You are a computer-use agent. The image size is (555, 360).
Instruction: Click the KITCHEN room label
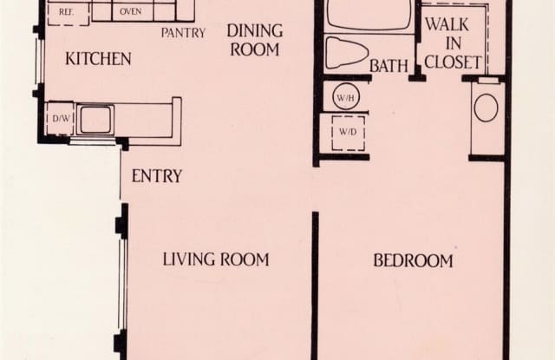pyautogui.click(x=98, y=59)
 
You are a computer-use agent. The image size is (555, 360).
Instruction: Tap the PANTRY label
pyautogui.click(x=183, y=33)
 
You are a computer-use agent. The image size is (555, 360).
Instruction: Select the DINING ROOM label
pyautogui.click(x=255, y=40)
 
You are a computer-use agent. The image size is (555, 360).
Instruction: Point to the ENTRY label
pyautogui.click(x=157, y=176)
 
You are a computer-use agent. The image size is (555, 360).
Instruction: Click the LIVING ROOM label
pyautogui.click(x=216, y=259)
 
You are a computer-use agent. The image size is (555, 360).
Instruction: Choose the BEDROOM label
pyautogui.click(x=413, y=261)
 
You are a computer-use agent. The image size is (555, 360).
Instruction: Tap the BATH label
pyautogui.click(x=388, y=66)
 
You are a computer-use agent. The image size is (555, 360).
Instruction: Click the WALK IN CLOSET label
pyautogui.click(x=453, y=43)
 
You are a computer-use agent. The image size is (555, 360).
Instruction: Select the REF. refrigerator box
pyautogui.click(x=69, y=14)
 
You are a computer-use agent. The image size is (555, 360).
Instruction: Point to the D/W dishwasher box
pyautogui.click(x=61, y=118)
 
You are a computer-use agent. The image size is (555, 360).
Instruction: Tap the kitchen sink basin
pyautogui.click(x=95, y=120)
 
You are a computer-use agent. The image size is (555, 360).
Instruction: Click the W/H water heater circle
pyautogui.click(x=346, y=96)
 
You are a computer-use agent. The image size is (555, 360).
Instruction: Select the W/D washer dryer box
pyautogui.click(x=349, y=133)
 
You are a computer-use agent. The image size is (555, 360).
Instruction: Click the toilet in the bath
pyautogui.click(x=346, y=53)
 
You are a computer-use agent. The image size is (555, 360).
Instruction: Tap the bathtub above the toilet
pyautogui.click(x=369, y=16)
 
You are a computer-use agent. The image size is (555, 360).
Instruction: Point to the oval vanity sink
pyautogui.click(x=486, y=108)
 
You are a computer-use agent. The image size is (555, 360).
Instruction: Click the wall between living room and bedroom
pyautogui.click(x=315, y=285)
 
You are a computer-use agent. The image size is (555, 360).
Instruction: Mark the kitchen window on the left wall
pyautogui.click(x=39, y=62)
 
